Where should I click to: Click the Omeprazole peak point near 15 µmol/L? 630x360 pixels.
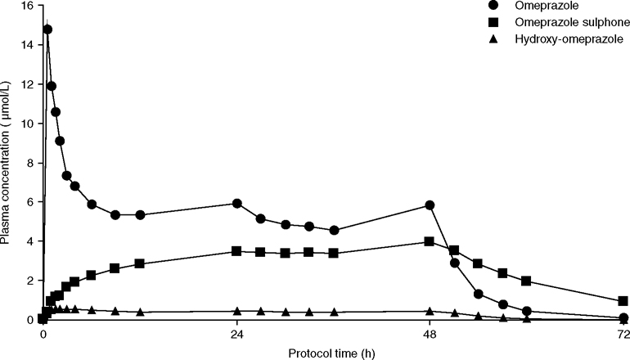click(47, 29)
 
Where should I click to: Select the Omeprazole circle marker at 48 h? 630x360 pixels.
click(430, 205)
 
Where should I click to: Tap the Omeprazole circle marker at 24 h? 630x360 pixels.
click(237, 203)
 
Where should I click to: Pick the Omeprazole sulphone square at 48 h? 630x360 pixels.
click(430, 241)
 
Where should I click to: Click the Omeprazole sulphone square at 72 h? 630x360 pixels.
click(623, 301)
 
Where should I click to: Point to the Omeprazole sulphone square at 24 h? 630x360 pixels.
click(236, 251)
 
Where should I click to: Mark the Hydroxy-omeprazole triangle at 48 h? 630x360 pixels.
click(430, 311)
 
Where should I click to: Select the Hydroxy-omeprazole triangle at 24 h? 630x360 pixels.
click(236, 311)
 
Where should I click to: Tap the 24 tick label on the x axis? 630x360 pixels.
click(236, 335)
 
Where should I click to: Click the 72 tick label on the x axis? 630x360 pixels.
click(623, 335)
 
